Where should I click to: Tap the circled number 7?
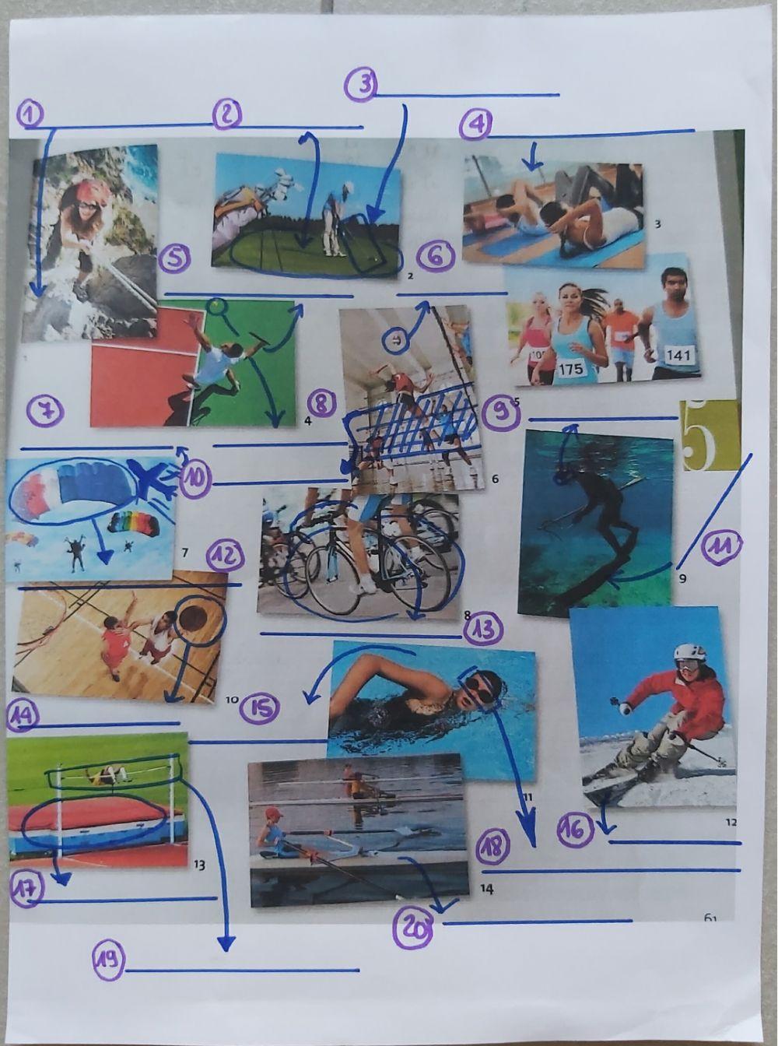(x=44, y=412)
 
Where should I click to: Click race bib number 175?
(x=571, y=368)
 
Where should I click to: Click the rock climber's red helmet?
(x=91, y=190)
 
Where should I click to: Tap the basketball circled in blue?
(x=199, y=620)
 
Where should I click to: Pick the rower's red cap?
(x=272, y=814)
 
